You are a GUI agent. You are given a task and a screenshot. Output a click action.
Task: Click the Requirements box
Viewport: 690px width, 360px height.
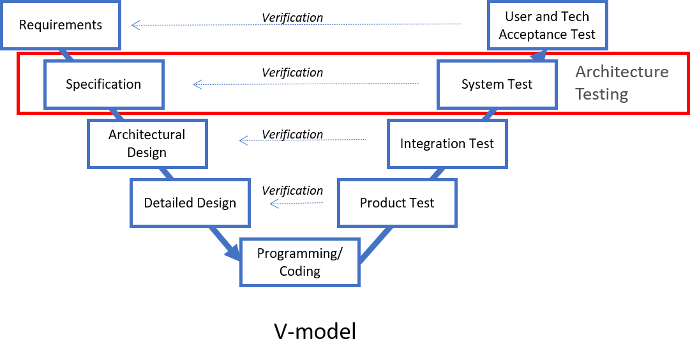(x=61, y=26)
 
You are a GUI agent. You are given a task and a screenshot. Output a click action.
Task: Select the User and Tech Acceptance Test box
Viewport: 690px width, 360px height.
(x=547, y=26)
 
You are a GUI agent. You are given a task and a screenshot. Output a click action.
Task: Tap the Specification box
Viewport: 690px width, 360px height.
(x=103, y=84)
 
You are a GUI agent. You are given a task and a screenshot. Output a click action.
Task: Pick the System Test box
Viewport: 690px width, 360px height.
(x=497, y=84)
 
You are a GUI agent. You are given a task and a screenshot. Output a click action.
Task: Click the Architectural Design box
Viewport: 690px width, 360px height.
(x=147, y=144)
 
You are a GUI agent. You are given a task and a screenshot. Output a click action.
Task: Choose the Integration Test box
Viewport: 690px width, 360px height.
(x=447, y=144)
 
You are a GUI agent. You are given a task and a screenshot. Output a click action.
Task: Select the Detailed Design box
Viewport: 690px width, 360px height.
(x=190, y=203)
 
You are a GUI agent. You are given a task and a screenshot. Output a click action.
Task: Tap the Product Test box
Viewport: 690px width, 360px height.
(x=397, y=203)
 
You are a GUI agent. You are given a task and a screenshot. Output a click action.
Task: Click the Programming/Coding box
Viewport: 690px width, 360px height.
(x=299, y=262)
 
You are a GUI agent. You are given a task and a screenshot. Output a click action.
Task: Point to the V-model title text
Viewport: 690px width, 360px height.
(x=315, y=331)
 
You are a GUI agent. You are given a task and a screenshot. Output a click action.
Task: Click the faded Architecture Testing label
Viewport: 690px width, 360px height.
(x=621, y=83)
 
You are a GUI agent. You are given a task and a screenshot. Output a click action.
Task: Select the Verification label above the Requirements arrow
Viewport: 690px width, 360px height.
(x=292, y=17)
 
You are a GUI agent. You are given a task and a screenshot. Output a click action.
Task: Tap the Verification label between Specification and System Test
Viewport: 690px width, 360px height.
(x=292, y=72)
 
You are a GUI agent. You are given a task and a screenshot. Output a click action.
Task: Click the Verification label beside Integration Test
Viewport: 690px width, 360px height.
(x=292, y=134)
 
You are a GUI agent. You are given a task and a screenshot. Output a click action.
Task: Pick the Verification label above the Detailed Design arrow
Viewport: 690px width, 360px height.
(x=292, y=190)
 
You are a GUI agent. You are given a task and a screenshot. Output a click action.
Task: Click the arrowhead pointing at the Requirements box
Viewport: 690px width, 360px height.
(x=135, y=26)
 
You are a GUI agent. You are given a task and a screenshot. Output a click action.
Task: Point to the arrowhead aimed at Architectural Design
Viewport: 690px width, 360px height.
(x=243, y=140)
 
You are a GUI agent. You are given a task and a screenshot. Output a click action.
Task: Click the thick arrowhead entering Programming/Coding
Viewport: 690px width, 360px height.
(x=234, y=254)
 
